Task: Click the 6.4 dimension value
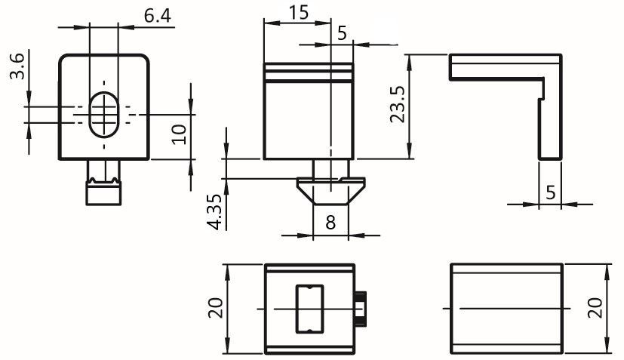click(157, 16)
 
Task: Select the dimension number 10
click(179, 134)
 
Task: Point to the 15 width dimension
click(299, 12)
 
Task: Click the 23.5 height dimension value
click(397, 104)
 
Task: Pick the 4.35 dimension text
click(215, 212)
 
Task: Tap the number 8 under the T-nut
click(330, 222)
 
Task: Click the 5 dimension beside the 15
click(343, 33)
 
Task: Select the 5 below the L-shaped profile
click(550, 192)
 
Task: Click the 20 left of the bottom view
click(216, 308)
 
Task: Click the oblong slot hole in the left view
click(104, 115)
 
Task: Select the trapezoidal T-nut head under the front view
click(330, 191)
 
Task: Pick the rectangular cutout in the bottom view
click(309, 309)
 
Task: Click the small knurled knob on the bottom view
click(361, 309)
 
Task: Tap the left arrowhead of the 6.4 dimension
click(81, 27)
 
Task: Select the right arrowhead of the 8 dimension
click(357, 235)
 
